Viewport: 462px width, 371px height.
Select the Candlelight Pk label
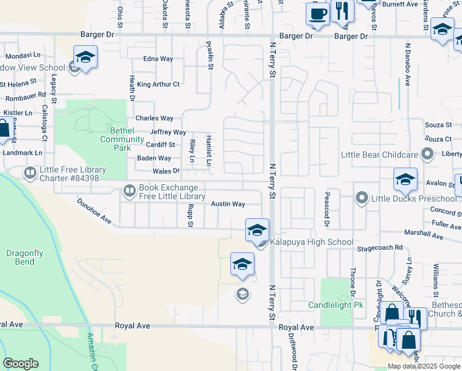pos(336,305)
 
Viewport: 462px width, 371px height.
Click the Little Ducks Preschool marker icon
pos(363,198)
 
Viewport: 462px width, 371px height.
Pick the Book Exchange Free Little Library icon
pos(130,191)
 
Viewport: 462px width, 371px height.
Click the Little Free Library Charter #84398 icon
pos(30,173)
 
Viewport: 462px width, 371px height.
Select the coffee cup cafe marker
pos(317,14)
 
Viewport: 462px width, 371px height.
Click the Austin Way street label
pos(228,203)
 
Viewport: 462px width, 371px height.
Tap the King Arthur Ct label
pos(158,84)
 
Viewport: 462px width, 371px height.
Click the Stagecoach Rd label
pos(380,247)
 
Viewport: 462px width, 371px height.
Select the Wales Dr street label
pos(166,171)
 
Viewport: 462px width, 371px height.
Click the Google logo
pos(20,364)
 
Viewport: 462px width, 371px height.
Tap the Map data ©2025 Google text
pos(424,366)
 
